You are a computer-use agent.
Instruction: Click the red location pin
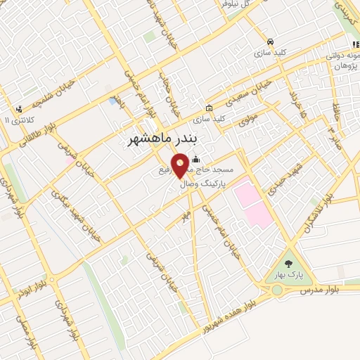181,166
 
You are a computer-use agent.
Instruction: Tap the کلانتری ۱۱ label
18,121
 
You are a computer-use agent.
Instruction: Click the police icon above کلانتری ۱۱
19,110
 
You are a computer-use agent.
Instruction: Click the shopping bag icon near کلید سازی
210,108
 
